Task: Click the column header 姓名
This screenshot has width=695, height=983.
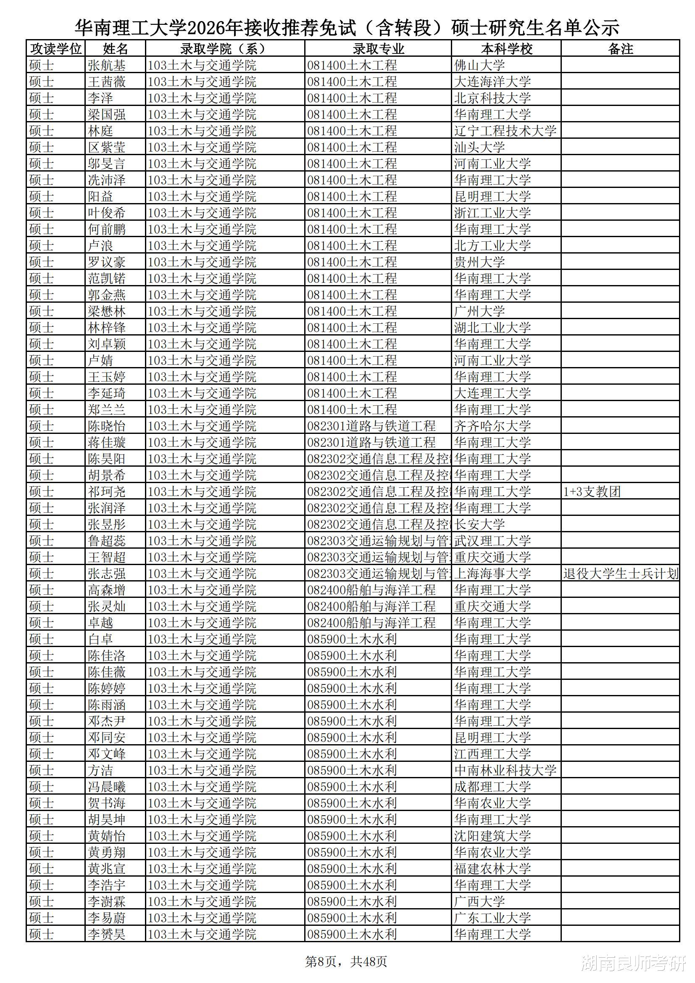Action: click(115, 49)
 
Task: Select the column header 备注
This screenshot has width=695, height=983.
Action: click(620, 49)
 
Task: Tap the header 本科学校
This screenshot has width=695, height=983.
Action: click(506, 49)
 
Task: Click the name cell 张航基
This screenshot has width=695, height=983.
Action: click(107, 66)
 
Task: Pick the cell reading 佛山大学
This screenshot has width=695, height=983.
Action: click(479, 66)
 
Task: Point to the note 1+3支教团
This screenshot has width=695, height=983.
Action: click(592, 492)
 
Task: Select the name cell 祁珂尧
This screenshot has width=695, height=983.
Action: click(107, 492)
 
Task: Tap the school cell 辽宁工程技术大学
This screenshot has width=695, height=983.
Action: click(505, 131)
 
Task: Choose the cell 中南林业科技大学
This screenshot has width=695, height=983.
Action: click(505, 771)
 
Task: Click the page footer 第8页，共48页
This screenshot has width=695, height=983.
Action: click(346, 962)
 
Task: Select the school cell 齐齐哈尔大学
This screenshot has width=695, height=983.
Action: click(492, 426)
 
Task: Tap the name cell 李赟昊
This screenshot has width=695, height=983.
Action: click(107, 935)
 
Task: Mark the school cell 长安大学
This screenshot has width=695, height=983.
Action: click(479, 524)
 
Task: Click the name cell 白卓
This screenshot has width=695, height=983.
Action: click(100, 639)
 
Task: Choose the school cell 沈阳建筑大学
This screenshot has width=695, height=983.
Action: click(492, 836)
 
